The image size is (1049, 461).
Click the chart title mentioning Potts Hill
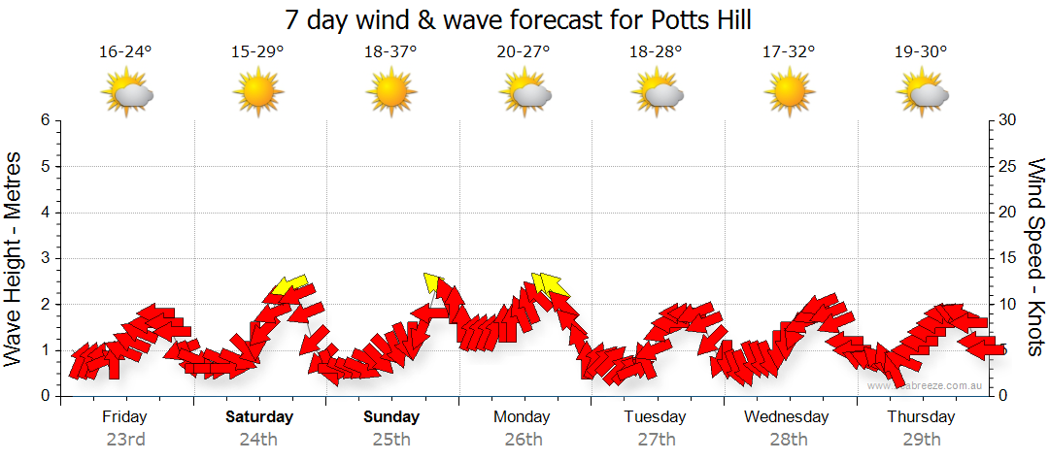(x=519, y=19)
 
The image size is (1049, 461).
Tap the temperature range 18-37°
(x=390, y=52)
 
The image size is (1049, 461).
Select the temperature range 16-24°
(x=125, y=52)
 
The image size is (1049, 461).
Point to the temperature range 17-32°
(x=789, y=52)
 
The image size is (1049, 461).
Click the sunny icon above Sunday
(x=390, y=93)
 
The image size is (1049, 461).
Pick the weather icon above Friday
(x=127, y=93)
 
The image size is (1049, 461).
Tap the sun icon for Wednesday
(x=789, y=93)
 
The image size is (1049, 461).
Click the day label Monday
(x=523, y=417)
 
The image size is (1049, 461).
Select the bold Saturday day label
(x=258, y=417)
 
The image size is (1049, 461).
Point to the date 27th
(x=657, y=440)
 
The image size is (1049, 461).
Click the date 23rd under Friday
(x=125, y=440)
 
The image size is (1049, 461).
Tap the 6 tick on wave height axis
(x=45, y=120)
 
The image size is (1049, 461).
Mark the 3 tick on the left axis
(x=45, y=258)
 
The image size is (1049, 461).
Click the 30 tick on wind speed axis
(x=1007, y=120)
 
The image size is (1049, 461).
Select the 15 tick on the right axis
(x=1007, y=258)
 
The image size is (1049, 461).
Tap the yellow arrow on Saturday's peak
(x=288, y=284)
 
